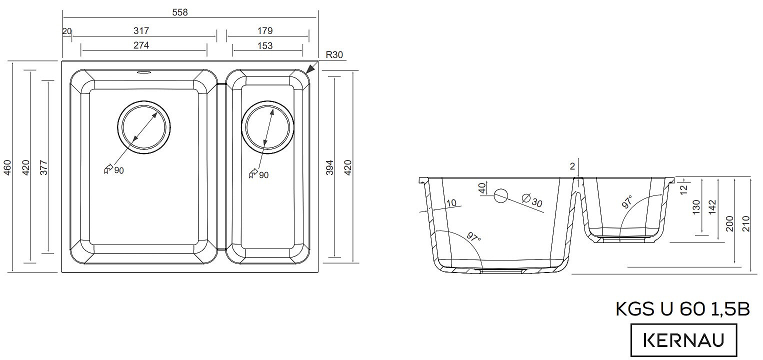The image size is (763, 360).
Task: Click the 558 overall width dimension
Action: (179, 12)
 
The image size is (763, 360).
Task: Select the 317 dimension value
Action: (141, 30)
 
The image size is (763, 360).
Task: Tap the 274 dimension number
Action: (141, 45)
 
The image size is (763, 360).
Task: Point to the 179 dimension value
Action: (265, 30)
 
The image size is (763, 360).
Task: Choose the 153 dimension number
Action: (265, 45)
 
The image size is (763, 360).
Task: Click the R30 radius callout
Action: (334, 55)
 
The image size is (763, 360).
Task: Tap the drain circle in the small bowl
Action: (266, 127)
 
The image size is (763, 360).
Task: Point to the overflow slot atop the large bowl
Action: (143, 72)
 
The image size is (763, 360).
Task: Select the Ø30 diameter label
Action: (531, 200)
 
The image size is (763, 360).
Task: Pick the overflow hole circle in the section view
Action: (501, 196)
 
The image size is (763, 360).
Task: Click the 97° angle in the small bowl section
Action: (627, 202)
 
